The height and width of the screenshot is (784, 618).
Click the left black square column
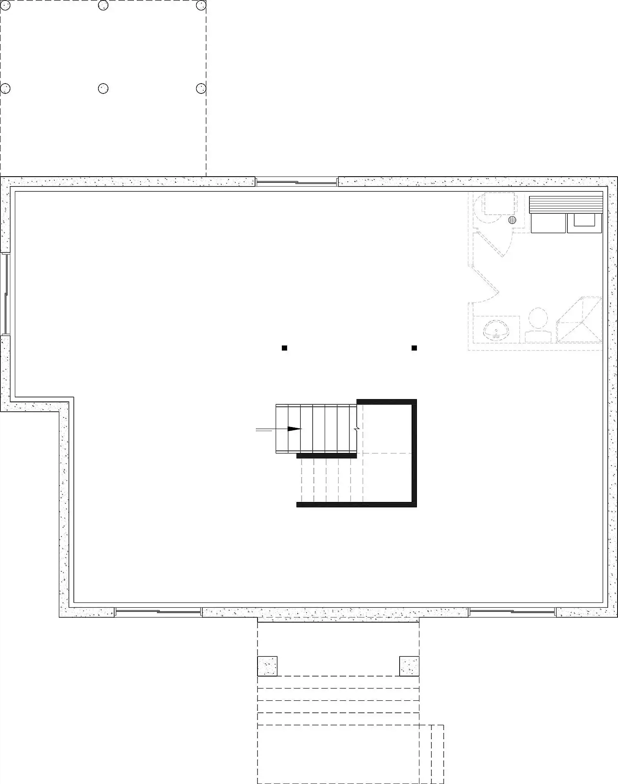(x=284, y=348)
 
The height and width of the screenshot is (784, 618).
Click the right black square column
(x=414, y=348)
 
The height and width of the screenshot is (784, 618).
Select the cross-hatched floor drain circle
(x=512, y=220)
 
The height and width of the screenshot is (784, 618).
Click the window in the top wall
(x=297, y=182)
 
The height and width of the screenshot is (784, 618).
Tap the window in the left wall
(x=6, y=294)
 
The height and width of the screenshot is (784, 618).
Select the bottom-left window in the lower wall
(x=158, y=612)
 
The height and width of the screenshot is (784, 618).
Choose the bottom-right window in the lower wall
(x=512, y=612)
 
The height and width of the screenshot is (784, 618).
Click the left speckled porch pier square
(x=267, y=666)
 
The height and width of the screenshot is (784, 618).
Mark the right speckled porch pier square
(x=409, y=666)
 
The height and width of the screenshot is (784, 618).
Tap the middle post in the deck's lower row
(x=103, y=88)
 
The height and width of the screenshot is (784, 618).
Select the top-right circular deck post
(x=201, y=5)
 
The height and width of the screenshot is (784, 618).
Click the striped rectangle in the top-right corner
(x=566, y=204)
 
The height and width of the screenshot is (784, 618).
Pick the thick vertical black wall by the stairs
(x=414, y=453)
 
